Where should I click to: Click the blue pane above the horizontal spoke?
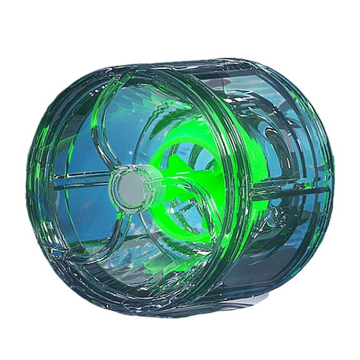(81, 150)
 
